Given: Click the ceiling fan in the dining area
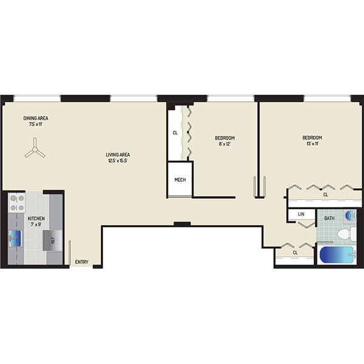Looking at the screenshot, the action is click(35, 149).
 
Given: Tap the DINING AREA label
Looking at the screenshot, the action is click(36, 118).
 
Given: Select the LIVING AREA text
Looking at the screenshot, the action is click(118, 155).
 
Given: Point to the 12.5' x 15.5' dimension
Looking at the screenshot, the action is click(118, 161).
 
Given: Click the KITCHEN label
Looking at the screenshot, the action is click(36, 218).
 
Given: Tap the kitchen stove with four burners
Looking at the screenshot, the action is click(17, 203).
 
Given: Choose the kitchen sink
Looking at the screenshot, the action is click(15, 238).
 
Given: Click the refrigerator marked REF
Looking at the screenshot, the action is click(52, 240).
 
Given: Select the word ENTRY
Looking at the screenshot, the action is click(82, 262).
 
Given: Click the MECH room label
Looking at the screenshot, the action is click(180, 180).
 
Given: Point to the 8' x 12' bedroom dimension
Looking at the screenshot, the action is click(224, 144).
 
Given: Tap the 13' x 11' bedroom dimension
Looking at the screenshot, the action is click(312, 144).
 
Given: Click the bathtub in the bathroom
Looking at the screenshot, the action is click(338, 255).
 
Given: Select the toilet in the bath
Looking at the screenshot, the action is click(346, 234).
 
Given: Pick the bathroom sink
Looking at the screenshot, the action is click(350, 215).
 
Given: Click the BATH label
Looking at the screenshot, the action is click(329, 218).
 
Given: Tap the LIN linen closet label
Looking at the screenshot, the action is click(301, 214).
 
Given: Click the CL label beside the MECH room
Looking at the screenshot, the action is click(175, 133).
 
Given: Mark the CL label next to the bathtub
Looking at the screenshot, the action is click(295, 252).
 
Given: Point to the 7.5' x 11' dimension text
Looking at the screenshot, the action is click(36, 124).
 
